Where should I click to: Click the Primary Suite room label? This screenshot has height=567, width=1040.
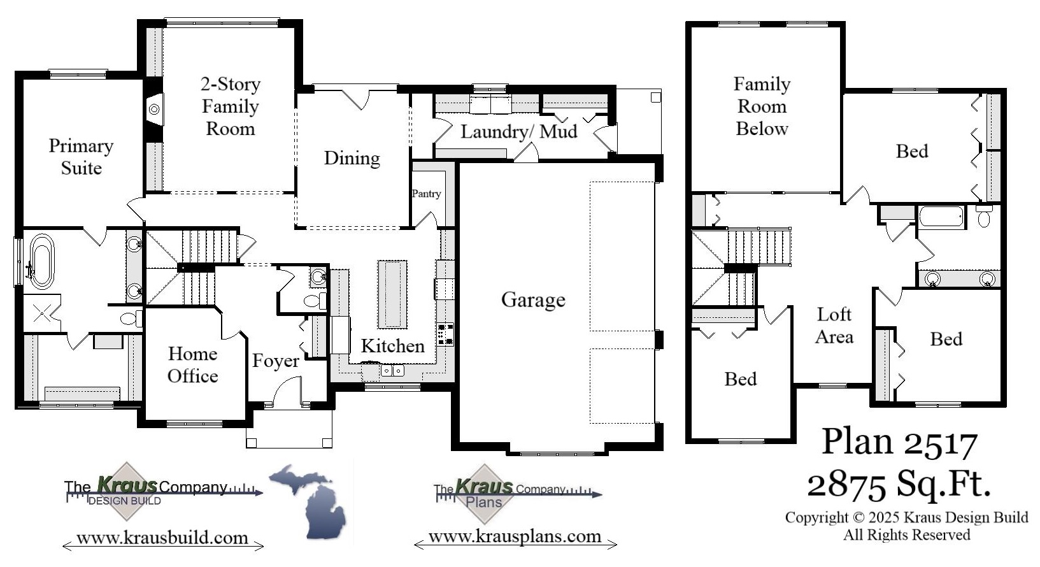[81, 157]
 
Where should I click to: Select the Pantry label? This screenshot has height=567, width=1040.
[426, 194]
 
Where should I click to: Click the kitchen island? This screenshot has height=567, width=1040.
[392, 294]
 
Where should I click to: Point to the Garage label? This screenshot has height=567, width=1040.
[533, 299]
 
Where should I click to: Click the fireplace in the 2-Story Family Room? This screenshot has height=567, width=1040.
[154, 110]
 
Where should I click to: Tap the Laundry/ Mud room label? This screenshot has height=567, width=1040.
[518, 132]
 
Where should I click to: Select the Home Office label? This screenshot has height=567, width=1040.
[192, 365]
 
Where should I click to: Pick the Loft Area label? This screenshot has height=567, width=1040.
[834, 325]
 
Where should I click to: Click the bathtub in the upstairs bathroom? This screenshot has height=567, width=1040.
[941, 217]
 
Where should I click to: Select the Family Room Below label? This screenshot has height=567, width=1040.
[762, 106]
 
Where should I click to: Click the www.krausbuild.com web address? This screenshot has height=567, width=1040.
[162, 538]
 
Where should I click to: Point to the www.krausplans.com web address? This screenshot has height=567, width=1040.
[515, 536]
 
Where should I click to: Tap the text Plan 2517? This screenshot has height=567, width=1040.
[899, 442]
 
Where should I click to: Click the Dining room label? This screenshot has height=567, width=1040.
[352, 158]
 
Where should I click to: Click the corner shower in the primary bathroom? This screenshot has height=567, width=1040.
[41, 313]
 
